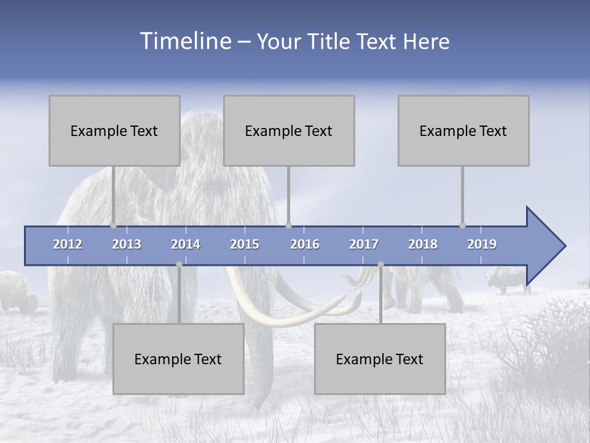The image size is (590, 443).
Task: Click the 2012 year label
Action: (68, 244)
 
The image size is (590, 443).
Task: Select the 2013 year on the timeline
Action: (127, 244)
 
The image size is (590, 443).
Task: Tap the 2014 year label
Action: (186, 244)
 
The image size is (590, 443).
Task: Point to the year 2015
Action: (245, 244)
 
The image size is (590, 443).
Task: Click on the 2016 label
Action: (305, 244)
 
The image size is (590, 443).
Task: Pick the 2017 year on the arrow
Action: (364, 244)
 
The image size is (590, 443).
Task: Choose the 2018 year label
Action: (423, 244)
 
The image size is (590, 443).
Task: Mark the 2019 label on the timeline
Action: (482, 244)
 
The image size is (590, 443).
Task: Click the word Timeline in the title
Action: (184, 41)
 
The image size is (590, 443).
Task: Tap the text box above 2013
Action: (114, 130)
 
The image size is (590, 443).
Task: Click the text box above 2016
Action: (289, 130)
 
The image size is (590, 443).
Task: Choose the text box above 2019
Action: (463, 130)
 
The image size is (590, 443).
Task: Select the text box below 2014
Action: (178, 359)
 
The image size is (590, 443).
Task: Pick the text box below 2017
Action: (380, 359)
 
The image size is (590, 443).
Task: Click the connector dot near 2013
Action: (114, 225)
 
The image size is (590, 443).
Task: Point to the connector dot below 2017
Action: (380, 265)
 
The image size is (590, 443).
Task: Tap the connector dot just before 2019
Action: (463, 225)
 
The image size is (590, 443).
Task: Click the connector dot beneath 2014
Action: (179, 265)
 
